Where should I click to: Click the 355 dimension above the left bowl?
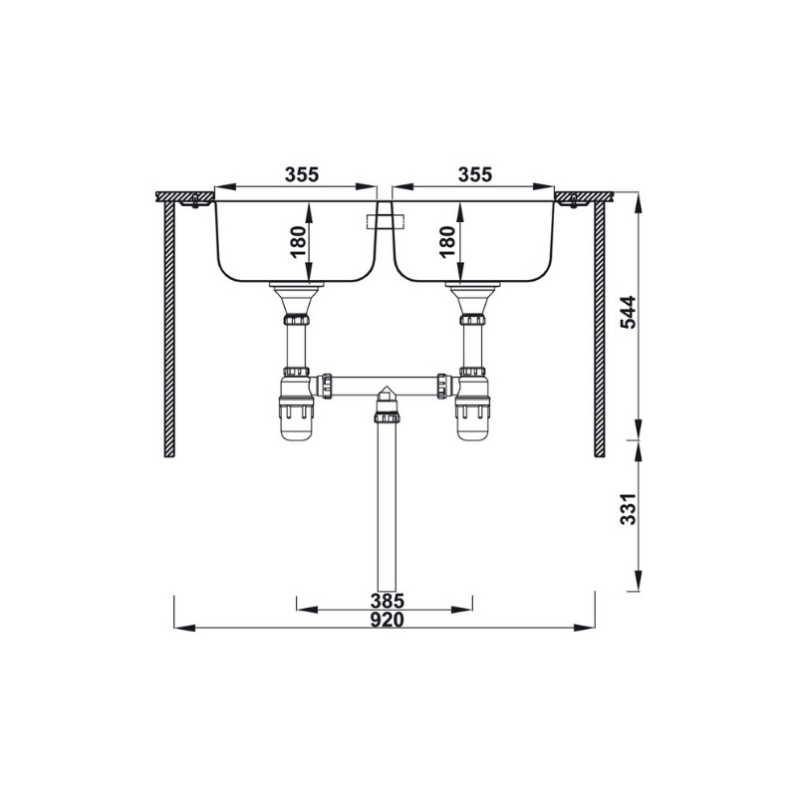coord(302,174)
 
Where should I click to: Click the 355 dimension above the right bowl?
coord(475,174)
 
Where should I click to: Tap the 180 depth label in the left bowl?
coord(298,242)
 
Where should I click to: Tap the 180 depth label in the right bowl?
coord(446,242)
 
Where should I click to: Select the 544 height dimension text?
coord(629,312)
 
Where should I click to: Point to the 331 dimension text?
coord(629,509)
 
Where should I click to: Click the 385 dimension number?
coord(387,601)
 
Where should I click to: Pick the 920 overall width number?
coord(387,620)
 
